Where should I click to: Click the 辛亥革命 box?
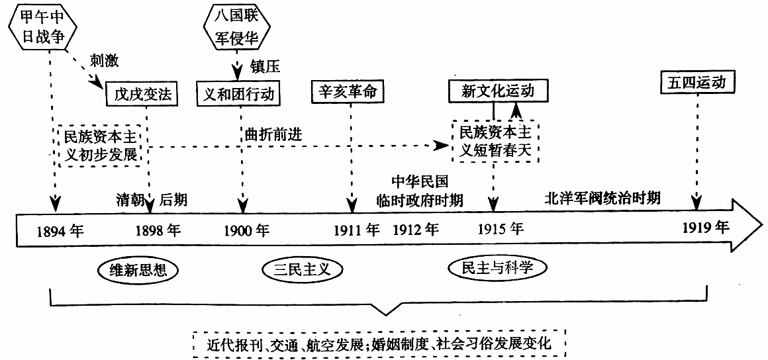[x=348, y=93]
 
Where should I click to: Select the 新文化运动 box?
[x=500, y=91]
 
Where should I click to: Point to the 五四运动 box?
[x=698, y=84]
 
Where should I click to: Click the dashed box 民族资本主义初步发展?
[x=101, y=146]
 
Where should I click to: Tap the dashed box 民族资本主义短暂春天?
[x=495, y=142]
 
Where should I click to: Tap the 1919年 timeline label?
[x=706, y=228]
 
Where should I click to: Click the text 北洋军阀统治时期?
[x=602, y=198]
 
